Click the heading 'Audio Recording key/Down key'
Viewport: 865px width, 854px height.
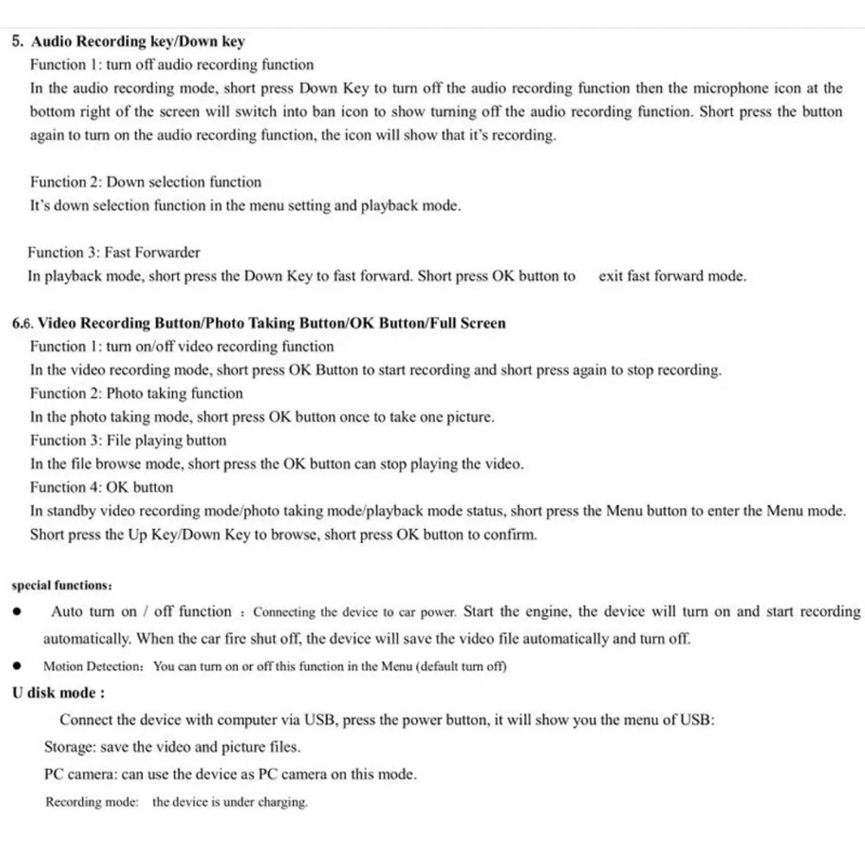(x=138, y=41)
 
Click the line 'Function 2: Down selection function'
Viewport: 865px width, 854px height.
(x=145, y=182)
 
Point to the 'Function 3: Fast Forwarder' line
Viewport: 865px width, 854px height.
(x=113, y=252)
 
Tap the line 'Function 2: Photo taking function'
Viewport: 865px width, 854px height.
(x=137, y=393)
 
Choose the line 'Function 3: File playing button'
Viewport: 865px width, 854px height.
(x=128, y=440)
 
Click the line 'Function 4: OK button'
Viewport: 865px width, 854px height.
(x=101, y=487)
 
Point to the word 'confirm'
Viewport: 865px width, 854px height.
(x=510, y=534)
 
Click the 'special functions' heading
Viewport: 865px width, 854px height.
(x=61, y=585)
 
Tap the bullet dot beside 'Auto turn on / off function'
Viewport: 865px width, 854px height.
(x=17, y=612)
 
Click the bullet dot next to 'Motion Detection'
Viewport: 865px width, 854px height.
(x=17, y=666)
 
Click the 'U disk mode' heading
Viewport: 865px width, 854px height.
(x=59, y=693)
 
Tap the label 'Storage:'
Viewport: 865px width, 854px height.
(x=70, y=747)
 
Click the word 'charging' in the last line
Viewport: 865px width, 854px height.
(x=282, y=802)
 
